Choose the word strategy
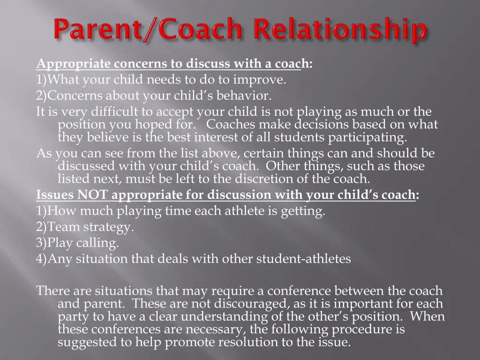pyautogui.click(x=109, y=227)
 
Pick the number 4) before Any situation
pyautogui.click(x=42, y=259)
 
